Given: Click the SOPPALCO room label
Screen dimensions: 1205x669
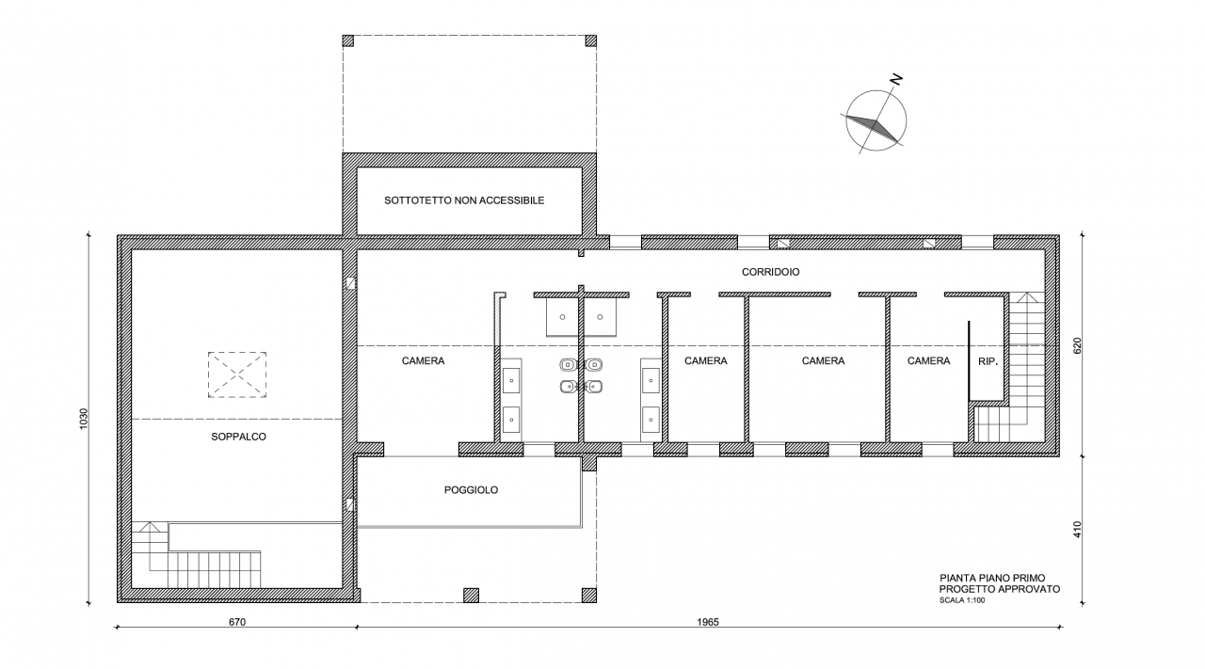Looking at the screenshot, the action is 238,437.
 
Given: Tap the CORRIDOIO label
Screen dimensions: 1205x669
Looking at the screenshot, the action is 770,272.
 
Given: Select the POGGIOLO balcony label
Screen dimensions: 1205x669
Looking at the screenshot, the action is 471,490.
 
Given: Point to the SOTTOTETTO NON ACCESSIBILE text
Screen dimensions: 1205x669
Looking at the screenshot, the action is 464,200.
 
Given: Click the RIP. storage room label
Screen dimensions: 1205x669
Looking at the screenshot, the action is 988,362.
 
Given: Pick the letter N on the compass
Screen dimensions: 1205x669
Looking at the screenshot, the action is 895,80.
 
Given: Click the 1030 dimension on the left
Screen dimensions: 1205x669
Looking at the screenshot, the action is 84,419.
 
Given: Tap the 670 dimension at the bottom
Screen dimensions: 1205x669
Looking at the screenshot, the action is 237,622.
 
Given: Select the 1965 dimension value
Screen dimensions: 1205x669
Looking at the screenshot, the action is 708,622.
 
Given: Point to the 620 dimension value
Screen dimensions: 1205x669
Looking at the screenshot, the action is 1077,345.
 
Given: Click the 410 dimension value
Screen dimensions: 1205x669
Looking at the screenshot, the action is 1077,529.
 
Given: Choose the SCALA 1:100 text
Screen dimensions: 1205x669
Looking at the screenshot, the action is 962,600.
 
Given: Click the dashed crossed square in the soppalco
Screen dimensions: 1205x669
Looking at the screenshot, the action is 237,374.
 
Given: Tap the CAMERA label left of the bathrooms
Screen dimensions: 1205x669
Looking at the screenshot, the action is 423,361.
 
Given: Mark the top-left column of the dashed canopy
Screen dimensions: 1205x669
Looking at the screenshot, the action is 348,40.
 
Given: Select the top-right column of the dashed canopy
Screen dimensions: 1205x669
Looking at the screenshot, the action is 590,40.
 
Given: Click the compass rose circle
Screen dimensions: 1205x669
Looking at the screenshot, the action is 876,91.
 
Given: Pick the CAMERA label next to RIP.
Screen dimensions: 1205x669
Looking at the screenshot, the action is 928,361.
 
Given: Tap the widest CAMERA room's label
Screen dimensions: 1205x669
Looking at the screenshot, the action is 823,361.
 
